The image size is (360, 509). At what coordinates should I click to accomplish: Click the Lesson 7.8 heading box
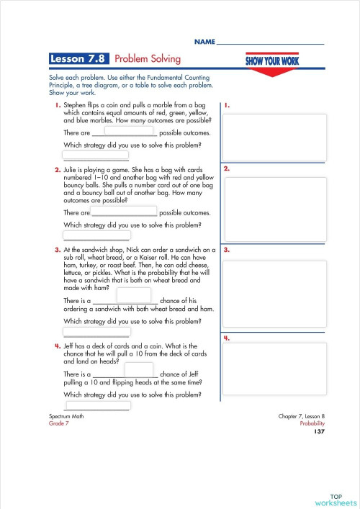79,58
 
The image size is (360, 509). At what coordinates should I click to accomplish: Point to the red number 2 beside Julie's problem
58,171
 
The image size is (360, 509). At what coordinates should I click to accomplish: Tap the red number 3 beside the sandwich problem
58,250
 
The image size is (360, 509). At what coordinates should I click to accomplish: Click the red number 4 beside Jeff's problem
58,346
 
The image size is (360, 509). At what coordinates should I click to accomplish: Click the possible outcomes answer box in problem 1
131,131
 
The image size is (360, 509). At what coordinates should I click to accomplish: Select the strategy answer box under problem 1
96,155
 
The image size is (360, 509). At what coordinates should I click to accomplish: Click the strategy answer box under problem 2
96,235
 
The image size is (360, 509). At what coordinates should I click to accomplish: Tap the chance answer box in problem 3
133,295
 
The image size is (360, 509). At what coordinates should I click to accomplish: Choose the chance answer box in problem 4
138,370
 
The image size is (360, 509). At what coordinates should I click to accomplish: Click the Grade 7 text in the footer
58,424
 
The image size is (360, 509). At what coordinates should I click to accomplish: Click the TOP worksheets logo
335,499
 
